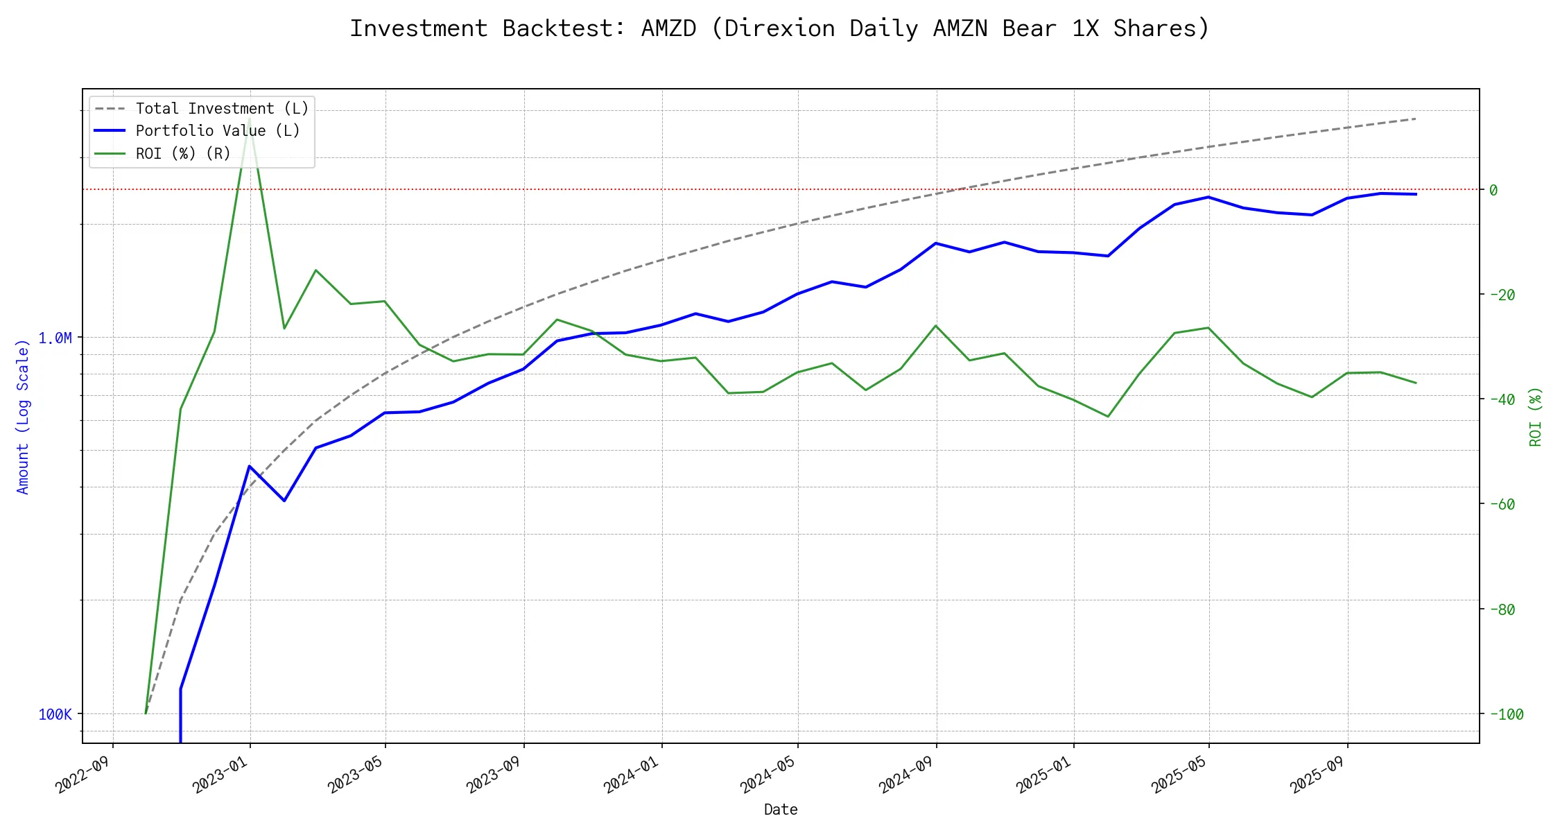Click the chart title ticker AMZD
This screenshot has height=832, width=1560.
coord(668,28)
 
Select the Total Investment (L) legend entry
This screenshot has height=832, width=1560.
coord(222,109)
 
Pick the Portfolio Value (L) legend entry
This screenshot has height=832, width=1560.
coord(218,131)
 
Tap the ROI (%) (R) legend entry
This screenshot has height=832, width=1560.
coord(183,153)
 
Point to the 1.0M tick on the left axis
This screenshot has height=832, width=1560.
coord(55,338)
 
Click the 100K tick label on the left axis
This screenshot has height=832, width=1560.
coord(55,714)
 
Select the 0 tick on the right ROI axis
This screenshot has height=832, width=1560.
coord(1493,190)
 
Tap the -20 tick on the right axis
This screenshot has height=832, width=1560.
coord(1501,295)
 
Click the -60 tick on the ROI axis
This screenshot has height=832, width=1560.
coord(1501,504)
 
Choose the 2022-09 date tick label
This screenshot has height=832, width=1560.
coord(83,775)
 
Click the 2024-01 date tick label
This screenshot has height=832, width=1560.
coord(631,775)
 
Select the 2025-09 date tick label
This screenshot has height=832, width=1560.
coord(1317,775)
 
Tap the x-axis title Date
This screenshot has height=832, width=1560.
coord(781,810)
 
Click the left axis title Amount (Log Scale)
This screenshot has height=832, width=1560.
coord(23,417)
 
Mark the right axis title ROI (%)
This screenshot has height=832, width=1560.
coord(1536,417)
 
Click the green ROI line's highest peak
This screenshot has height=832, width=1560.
coord(249,119)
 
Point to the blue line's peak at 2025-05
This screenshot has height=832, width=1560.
coord(1208,197)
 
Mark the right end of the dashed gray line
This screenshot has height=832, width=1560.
coord(1415,119)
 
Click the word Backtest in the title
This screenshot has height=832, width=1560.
coord(564,28)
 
